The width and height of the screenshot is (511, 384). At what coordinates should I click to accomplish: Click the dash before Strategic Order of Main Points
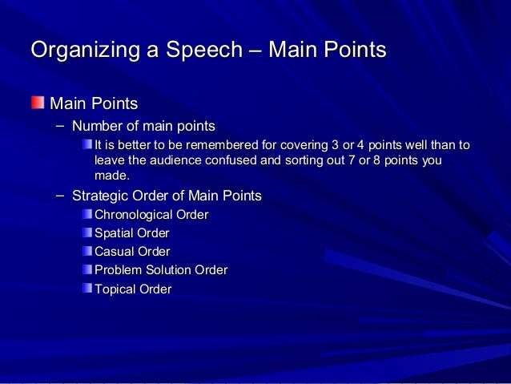click(61, 196)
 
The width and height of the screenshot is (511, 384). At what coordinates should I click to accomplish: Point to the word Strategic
click(99, 196)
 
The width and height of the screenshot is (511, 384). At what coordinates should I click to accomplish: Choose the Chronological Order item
click(151, 215)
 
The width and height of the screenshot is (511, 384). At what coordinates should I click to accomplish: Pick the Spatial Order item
click(132, 233)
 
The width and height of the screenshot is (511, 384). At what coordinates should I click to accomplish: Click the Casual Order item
click(132, 252)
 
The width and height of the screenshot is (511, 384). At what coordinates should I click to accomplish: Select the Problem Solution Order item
click(161, 270)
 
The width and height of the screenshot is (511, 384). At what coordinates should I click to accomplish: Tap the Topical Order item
click(133, 289)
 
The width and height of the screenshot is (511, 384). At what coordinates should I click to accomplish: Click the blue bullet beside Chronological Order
click(87, 215)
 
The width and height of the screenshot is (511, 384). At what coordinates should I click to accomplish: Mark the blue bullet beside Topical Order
click(87, 289)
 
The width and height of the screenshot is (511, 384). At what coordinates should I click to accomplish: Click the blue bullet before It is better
click(87, 145)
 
